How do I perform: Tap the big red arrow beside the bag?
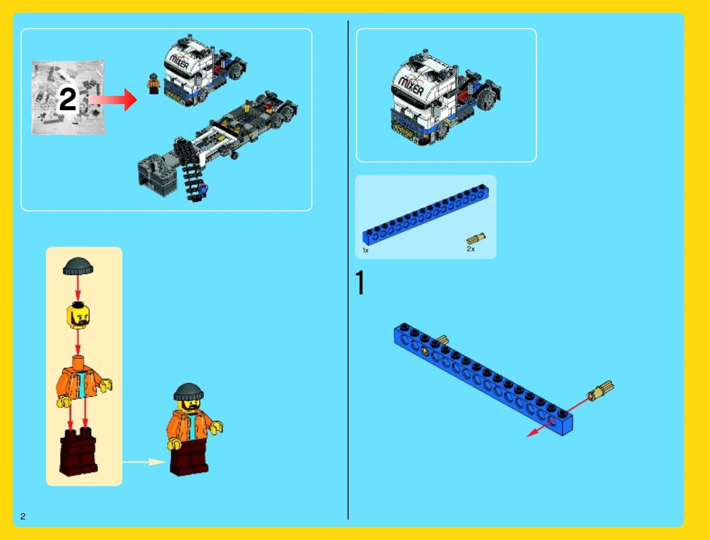pos(113,100)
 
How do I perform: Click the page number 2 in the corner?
pos(23,516)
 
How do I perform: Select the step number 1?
pos(361,282)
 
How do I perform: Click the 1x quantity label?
pos(365,250)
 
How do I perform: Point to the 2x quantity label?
pos(470,249)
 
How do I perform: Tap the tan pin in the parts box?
pos(476,238)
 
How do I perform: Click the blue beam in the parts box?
pos(426,214)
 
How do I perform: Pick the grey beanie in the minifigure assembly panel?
pos(78,266)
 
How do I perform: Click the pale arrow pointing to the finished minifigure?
pos(144,462)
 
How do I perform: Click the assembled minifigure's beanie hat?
pos(189,392)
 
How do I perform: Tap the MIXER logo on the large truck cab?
pos(411,85)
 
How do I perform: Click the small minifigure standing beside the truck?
pos(153,84)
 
